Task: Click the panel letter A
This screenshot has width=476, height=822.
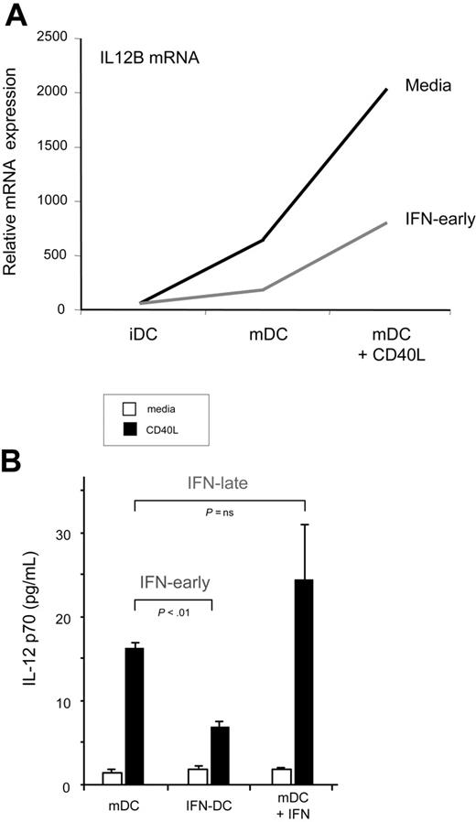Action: pos(17,16)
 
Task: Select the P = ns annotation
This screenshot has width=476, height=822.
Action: pos(219,513)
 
